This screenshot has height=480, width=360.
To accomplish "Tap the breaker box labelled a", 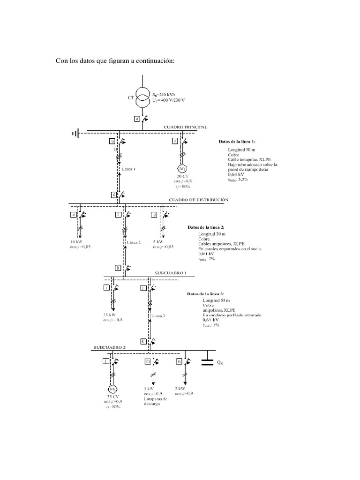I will tap(137, 119).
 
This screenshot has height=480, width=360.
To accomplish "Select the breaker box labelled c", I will tap(175, 141).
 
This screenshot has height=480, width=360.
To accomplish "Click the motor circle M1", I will tap(182, 169).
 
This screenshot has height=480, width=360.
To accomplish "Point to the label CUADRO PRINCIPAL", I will tap(185, 127).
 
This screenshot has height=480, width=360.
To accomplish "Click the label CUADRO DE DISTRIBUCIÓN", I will tap(199, 200).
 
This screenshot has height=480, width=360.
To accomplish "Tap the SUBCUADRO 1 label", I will tap(171, 272).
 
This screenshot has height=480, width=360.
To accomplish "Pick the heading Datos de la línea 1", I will tap(237, 141).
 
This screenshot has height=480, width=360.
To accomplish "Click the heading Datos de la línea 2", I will tap(205, 227).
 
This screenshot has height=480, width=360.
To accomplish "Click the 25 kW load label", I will tap(112, 315).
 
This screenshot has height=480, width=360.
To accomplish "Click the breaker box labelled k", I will tap(143, 341).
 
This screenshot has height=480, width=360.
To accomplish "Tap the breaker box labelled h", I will tap(118, 268).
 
